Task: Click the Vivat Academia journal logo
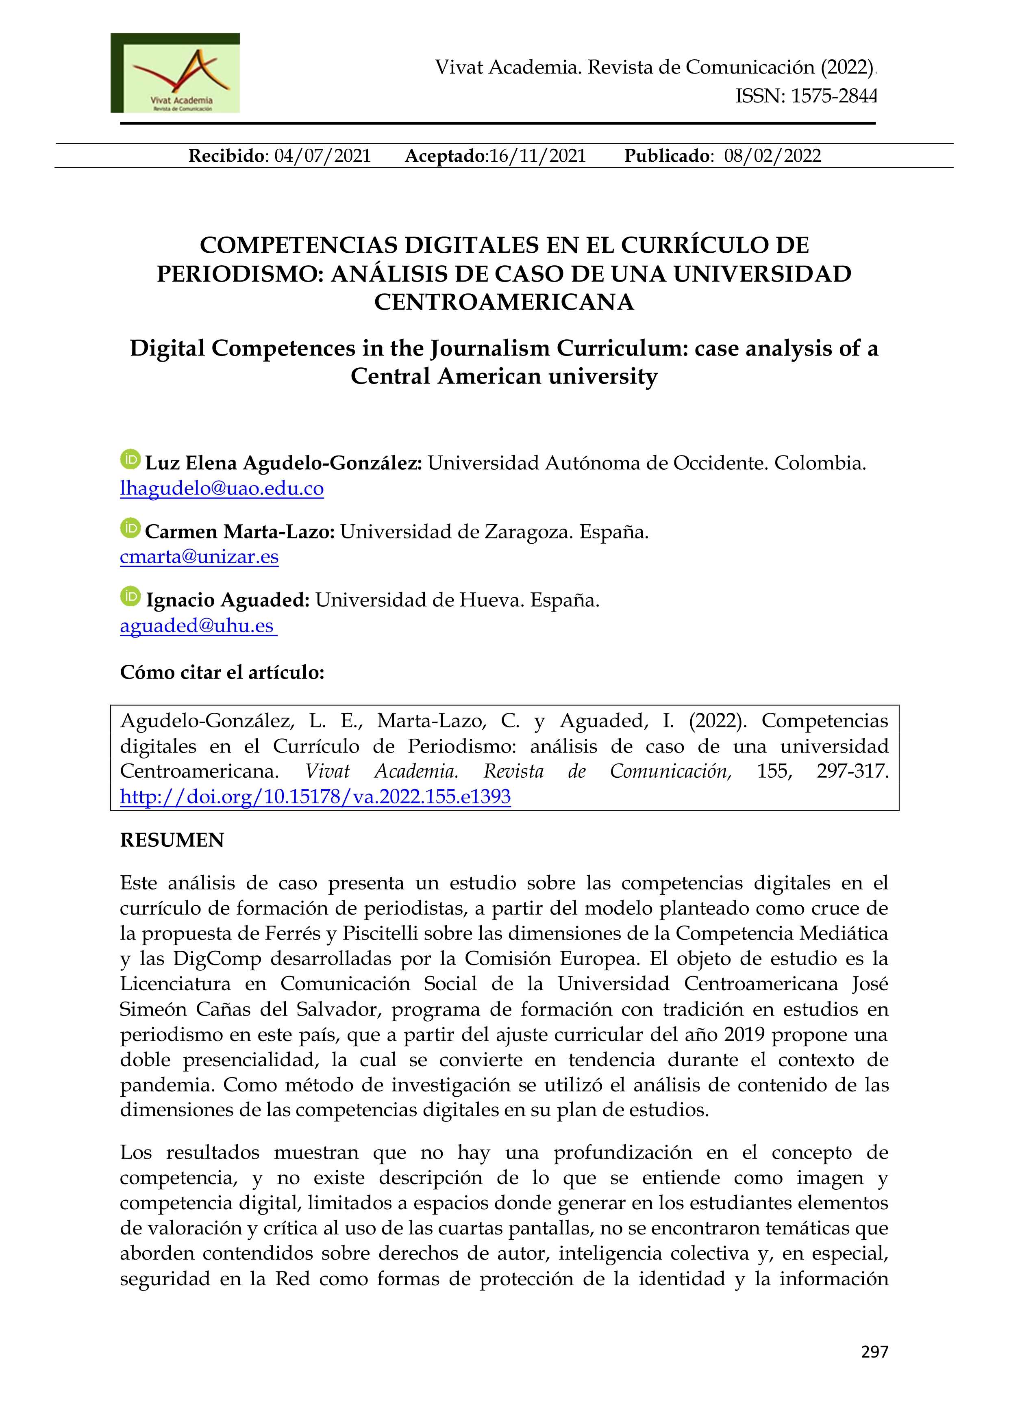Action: pos(175,73)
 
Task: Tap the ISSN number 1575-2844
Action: pos(833,96)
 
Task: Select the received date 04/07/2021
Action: pos(322,156)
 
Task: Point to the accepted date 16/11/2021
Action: pos(538,156)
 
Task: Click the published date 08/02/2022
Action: pos(772,156)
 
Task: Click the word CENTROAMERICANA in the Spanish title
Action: pos(504,302)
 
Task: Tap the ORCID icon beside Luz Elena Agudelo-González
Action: pos(130,460)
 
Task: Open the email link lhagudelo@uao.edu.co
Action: pos(222,489)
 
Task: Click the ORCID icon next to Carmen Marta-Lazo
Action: pos(130,528)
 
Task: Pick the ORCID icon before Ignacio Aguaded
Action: pos(130,596)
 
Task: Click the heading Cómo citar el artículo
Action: pos(222,672)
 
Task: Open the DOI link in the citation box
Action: pos(315,797)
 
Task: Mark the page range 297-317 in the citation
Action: pos(852,771)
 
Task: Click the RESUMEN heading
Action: pos(172,840)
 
